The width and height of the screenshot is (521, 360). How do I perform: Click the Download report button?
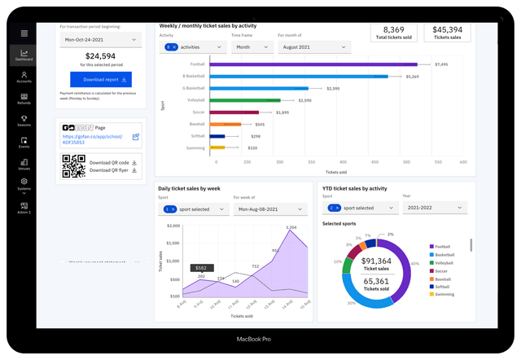[101, 80]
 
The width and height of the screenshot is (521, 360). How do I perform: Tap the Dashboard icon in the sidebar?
[24, 55]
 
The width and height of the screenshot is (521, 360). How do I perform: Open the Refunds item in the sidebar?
[24, 99]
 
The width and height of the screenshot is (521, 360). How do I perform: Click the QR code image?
[74, 166]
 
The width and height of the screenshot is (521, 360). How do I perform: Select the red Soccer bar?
[234, 112]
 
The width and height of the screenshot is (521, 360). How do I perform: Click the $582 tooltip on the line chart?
[201, 267]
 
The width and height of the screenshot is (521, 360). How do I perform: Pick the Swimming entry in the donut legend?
[444, 294]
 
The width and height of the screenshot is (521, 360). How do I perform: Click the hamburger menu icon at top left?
[24, 33]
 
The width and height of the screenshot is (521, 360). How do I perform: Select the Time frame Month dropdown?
[251, 48]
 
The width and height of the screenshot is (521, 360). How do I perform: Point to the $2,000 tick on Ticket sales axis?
[172, 226]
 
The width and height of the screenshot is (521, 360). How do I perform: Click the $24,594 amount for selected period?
[101, 55]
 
